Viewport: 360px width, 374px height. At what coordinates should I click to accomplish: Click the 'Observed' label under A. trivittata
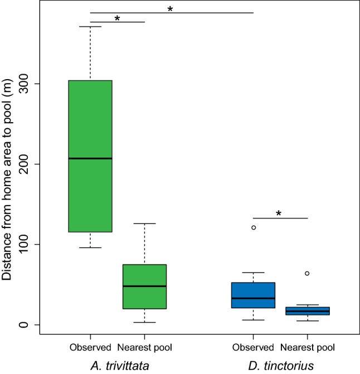tap(90, 348)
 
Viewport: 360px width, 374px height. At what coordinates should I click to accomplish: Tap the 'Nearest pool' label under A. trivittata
tap(144, 348)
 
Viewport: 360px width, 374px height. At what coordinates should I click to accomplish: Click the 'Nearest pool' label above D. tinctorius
tap(307, 348)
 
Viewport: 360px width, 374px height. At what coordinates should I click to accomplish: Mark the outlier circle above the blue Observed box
tap(253, 227)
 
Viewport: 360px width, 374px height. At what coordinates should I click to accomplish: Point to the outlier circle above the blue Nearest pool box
tap(307, 273)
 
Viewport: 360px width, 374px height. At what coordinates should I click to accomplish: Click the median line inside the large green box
tap(90, 158)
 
